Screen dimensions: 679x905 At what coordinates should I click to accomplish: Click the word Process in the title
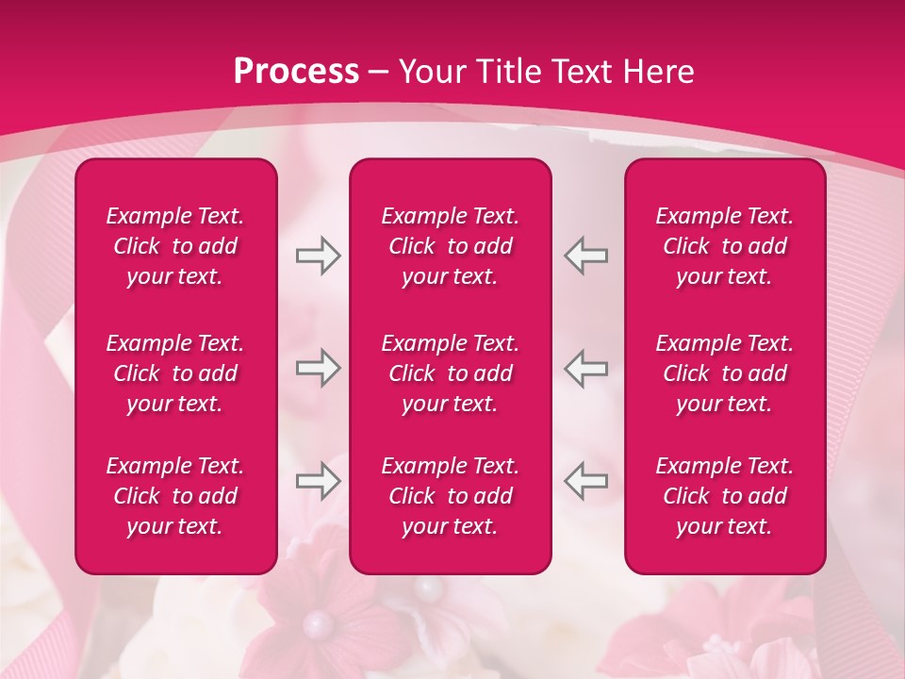296,72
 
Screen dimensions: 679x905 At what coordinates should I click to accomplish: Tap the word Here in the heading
658,72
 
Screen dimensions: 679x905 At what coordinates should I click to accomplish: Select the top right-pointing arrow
318,256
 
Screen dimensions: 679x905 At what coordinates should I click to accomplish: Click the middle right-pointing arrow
318,368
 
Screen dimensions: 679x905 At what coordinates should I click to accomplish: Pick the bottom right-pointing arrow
318,481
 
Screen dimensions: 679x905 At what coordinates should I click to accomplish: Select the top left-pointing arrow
586,256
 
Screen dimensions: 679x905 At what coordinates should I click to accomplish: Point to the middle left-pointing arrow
586,368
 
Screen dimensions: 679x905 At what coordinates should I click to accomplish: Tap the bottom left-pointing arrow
586,481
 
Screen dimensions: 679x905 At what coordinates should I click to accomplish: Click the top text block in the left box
175,246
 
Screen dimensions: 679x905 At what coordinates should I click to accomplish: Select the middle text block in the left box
175,373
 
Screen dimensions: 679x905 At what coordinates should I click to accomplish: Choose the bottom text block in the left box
175,496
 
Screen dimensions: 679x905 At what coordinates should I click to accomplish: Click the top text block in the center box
451,246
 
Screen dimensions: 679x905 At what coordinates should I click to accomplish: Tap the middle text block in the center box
451,373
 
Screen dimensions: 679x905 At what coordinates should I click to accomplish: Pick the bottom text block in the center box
451,496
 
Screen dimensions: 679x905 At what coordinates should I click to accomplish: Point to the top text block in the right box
725,246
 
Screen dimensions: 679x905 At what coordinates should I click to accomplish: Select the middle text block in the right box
725,373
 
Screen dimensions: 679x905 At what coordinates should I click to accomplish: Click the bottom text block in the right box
725,496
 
